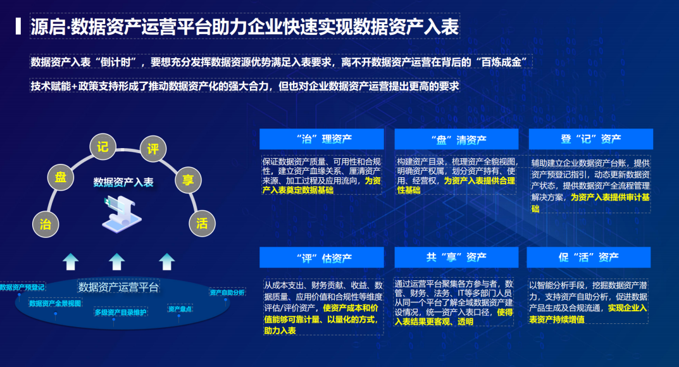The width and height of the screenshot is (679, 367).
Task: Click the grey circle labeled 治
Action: coord(46,224)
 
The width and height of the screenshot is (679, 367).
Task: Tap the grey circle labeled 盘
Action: coord(61,177)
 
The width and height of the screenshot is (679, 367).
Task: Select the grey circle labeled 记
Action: coord(103,147)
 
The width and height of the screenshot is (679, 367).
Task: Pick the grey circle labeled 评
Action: coord(153,149)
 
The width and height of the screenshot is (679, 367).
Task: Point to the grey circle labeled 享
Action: coord(189,180)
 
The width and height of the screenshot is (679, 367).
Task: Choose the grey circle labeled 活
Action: coord(202,223)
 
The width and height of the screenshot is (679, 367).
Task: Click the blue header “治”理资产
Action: coord(321,139)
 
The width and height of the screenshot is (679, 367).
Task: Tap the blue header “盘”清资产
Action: coord(456,139)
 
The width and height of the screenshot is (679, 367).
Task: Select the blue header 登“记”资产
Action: coord(590,139)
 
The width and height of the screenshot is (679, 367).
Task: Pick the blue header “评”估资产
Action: coord(321,258)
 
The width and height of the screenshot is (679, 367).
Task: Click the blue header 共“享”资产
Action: coord(456,258)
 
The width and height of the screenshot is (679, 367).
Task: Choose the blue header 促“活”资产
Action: coord(589,258)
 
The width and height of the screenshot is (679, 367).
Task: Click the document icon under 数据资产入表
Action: coord(121,214)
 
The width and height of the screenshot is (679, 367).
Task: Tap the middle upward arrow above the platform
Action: coord(116,262)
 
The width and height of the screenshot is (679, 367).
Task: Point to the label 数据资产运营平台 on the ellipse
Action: coord(118,287)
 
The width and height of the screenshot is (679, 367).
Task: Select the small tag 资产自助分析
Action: coord(227,292)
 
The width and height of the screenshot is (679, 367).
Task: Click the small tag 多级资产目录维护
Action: coord(120,313)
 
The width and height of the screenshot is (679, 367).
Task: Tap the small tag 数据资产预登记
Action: coord(22,287)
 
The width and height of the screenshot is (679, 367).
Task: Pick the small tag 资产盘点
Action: coord(180,309)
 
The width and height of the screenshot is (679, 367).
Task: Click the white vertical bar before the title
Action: coord(18,26)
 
